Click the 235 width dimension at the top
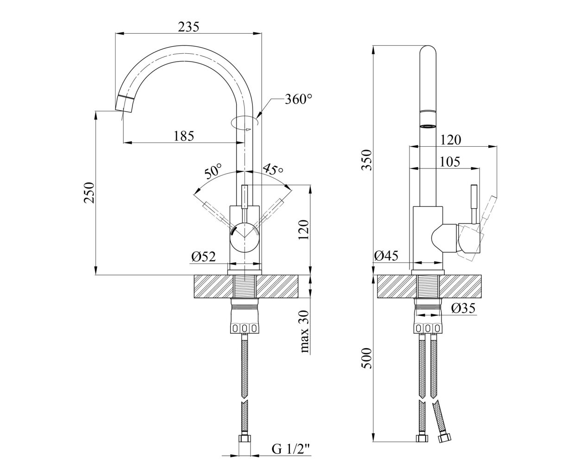click(x=189, y=27)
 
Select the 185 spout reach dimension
click(x=184, y=136)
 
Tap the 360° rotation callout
click(x=299, y=99)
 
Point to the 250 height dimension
click(x=89, y=193)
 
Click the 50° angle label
click(x=213, y=171)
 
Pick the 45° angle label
click(x=273, y=169)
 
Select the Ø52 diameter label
click(x=203, y=256)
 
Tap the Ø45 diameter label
click(x=386, y=256)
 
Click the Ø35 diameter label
click(x=463, y=308)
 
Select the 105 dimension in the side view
click(x=450, y=162)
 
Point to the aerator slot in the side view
click(x=428, y=126)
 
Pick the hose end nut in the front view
click(x=245, y=436)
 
